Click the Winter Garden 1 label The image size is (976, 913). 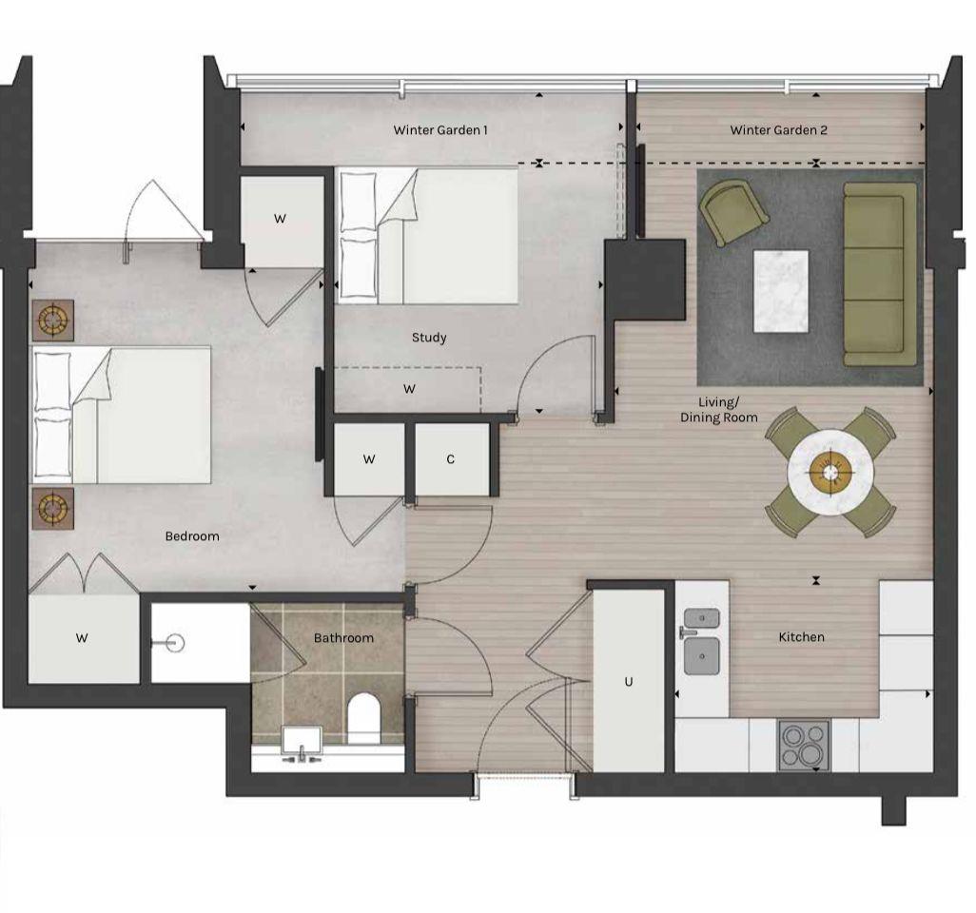coord(440,130)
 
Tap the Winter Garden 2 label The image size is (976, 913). coord(778,130)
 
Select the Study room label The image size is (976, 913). coord(429,338)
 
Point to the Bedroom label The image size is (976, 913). coord(192,536)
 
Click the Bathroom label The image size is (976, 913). coord(343,638)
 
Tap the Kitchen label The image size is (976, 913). coord(801,637)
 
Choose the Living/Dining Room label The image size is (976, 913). coord(718,410)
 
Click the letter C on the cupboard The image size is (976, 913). coord(451,459)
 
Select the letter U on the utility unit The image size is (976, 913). coord(628,682)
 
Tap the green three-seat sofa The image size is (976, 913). coord(880,275)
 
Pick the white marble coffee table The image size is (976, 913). coord(781,291)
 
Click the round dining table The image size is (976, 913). coord(830,469)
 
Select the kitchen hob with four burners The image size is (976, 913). coord(804,745)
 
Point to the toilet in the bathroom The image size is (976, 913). coord(362,718)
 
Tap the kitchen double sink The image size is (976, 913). coord(702,639)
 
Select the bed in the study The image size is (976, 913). coord(426,235)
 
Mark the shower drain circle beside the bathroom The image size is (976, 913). coord(172,642)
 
